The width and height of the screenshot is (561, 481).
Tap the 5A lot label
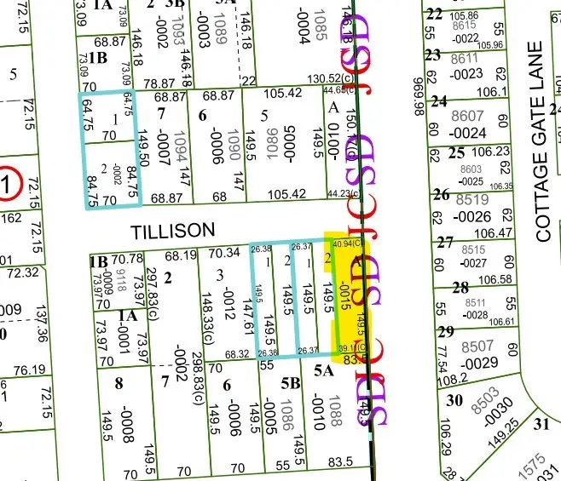323,370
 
